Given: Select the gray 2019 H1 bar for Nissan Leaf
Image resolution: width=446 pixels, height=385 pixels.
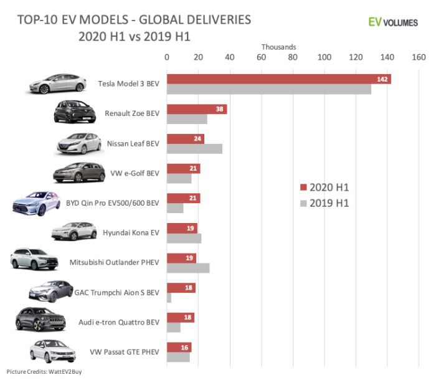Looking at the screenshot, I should click(194, 148).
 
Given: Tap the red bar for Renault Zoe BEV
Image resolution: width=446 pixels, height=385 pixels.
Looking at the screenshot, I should click(196, 109).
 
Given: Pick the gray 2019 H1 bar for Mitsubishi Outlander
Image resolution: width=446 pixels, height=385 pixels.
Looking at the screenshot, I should click(188, 268).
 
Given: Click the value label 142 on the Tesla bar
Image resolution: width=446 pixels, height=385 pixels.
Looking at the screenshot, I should click(382, 78).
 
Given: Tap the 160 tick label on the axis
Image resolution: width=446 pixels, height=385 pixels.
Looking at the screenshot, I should click(419, 57).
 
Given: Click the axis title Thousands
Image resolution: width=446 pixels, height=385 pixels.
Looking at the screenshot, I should click(278, 47).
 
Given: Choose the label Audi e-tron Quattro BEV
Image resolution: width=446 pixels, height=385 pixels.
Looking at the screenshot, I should click(119, 322).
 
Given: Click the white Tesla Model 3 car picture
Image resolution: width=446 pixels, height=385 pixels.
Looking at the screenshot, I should click(57, 83).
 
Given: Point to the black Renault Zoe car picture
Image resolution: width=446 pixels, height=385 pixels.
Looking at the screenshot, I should click(75, 112).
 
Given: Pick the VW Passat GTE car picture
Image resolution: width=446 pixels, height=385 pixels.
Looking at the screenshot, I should click(53, 351).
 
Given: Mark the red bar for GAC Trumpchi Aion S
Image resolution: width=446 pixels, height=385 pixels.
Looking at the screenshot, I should click(181, 288).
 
